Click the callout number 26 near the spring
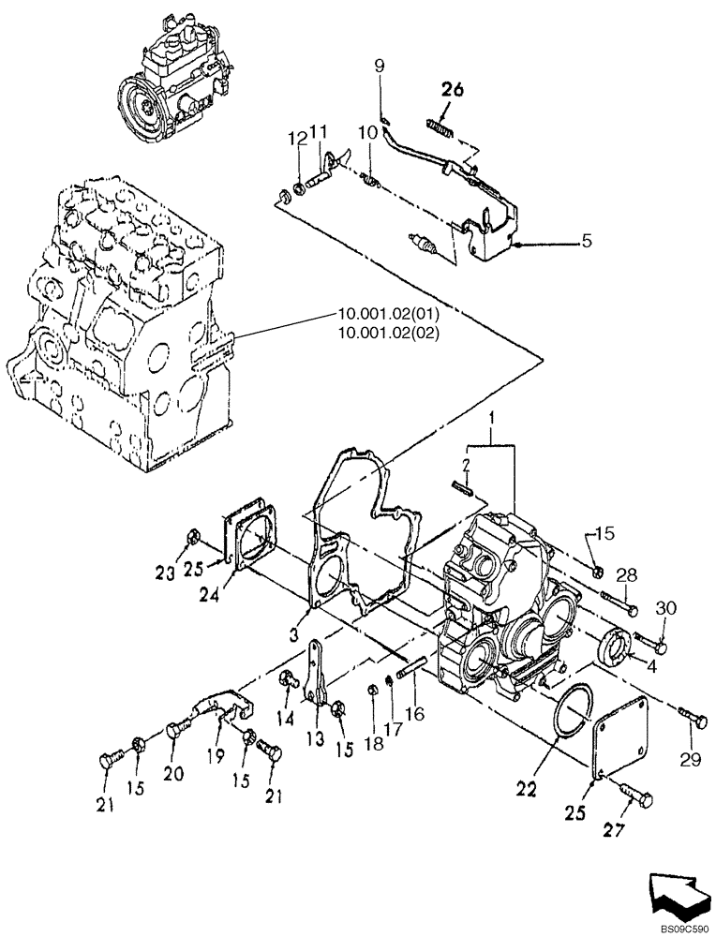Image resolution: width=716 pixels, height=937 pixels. coord(452,91)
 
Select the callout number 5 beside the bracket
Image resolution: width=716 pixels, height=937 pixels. coord(587,241)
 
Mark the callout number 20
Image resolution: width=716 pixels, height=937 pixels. coord(175,773)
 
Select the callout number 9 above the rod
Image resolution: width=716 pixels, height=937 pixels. coord(380,66)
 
